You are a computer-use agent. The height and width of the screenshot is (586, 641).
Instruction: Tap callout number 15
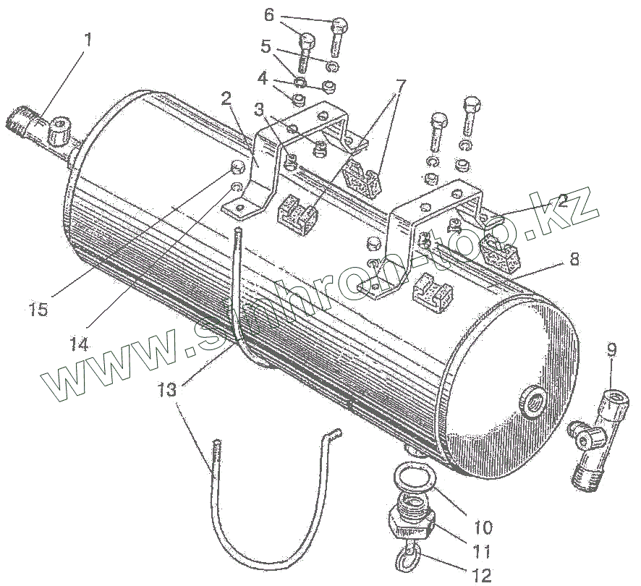[x=38, y=309]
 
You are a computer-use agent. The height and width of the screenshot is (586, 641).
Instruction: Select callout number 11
[x=482, y=551]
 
